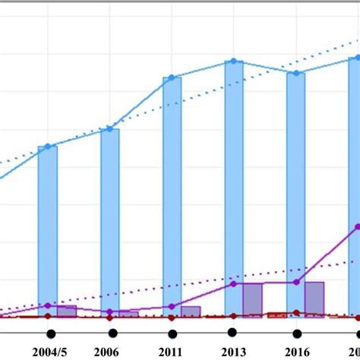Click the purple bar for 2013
point(252,299)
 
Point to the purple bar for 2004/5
point(67,311)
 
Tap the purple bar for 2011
point(191,311)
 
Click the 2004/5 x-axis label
point(50,352)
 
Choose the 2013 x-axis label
point(232,352)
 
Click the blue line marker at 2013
point(234,61)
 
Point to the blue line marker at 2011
point(172,77)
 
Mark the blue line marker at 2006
point(110,129)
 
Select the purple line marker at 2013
point(234,283)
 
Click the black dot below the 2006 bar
point(112,333)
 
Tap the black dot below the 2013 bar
point(232,331)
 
